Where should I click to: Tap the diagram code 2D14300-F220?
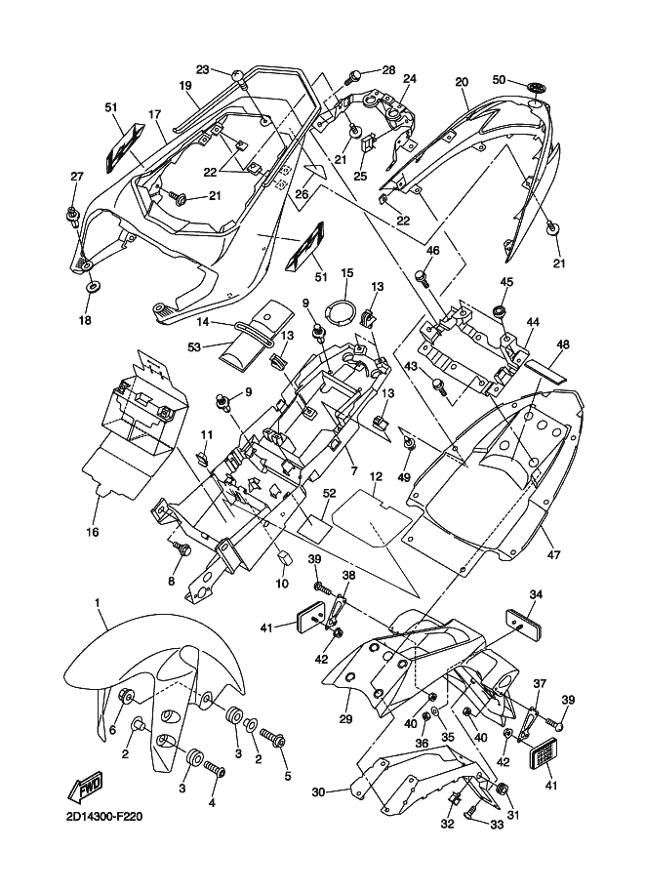coord(103,817)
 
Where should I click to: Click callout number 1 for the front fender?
coord(98,601)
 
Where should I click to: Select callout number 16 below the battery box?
coord(93,533)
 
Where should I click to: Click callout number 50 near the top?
coord(499,80)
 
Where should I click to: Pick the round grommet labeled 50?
coord(535,88)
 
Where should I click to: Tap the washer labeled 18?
coord(91,283)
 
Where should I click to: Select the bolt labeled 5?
coord(273,738)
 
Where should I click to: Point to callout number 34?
coord(536,594)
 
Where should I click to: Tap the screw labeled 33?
coord(476,811)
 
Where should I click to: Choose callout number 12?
coord(376,476)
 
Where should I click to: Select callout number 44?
coord(532,322)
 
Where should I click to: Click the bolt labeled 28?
coord(356,73)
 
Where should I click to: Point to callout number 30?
coord(318,791)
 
